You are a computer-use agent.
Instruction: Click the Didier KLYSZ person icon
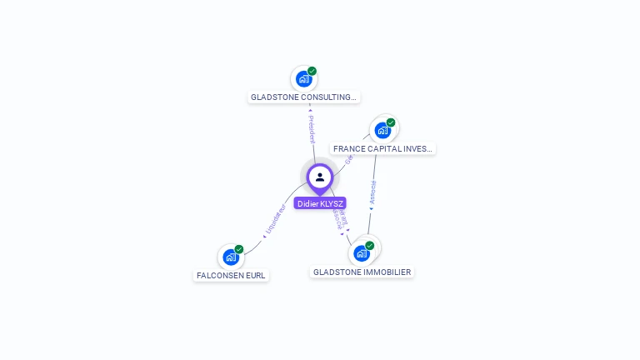click(320, 177)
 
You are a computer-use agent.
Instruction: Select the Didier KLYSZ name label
click(320, 203)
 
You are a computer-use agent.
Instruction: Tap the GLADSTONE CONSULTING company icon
click(303, 79)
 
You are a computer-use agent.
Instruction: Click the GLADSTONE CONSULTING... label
click(304, 97)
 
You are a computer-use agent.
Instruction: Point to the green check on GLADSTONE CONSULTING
click(312, 71)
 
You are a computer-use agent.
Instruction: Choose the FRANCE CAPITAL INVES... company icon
click(382, 130)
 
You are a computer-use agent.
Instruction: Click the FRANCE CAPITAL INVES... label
click(382, 149)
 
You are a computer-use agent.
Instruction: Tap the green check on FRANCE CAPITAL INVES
click(391, 122)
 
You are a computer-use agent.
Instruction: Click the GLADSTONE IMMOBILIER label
click(362, 272)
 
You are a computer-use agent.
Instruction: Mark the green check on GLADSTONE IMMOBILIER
click(370, 246)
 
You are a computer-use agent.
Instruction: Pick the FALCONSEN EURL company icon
click(231, 257)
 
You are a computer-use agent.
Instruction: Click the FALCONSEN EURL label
click(231, 276)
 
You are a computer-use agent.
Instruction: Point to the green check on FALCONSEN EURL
click(239, 249)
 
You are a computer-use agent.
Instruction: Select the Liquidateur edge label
click(275, 220)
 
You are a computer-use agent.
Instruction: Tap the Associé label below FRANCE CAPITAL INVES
click(372, 193)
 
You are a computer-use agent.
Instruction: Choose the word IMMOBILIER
click(387, 272)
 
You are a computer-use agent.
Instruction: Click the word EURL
click(255, 276)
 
